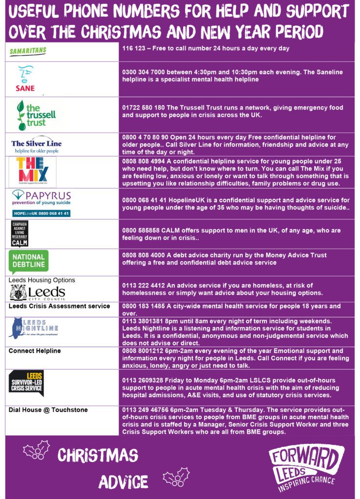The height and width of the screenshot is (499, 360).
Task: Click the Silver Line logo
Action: (37, 145)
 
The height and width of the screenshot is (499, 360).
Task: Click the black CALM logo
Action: (19, 233)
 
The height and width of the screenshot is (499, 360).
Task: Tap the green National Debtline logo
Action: (29, 262)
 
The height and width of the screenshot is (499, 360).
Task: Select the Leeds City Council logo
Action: (37, 292)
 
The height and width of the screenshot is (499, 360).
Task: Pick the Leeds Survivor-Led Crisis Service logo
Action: (26, 384)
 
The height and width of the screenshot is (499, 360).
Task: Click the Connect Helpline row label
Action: (35, 351)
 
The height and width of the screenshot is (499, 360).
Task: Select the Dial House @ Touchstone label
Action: (48, 410)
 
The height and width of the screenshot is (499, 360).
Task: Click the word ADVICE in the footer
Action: (123, 481)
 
